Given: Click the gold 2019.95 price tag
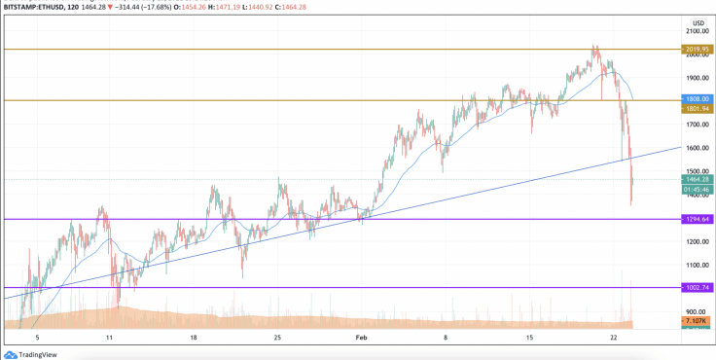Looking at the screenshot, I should [x=698, y=48].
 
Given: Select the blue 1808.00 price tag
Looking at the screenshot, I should [x=698, y=99].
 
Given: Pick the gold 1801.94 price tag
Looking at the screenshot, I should [x=698, y=109].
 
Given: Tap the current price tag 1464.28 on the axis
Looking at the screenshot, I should [x=698, y=179].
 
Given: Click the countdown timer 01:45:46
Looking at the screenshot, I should [x=698, y=189].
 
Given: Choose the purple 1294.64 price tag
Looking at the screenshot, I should [x=698, y=219].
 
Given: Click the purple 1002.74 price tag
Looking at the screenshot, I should [x=698, y=287].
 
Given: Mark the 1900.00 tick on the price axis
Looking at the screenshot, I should [x=698, y=78].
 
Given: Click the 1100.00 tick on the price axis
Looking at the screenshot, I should [x=698, y=265].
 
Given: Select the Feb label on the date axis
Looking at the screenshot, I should [x=362, y=338].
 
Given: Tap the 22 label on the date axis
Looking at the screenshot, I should [x=615, y=338].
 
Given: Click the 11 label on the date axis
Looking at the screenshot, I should [x=110, y=338].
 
